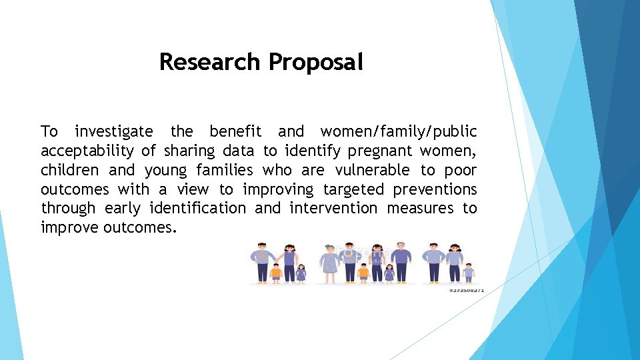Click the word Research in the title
(x=209, y=62)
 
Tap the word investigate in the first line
(x=113, y=131)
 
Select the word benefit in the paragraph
(x=235, y=131)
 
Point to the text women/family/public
(x=399, y=131)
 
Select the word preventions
(x=435, y=189)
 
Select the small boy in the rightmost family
(x=469, y=271)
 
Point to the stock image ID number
(x=465, y=291)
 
